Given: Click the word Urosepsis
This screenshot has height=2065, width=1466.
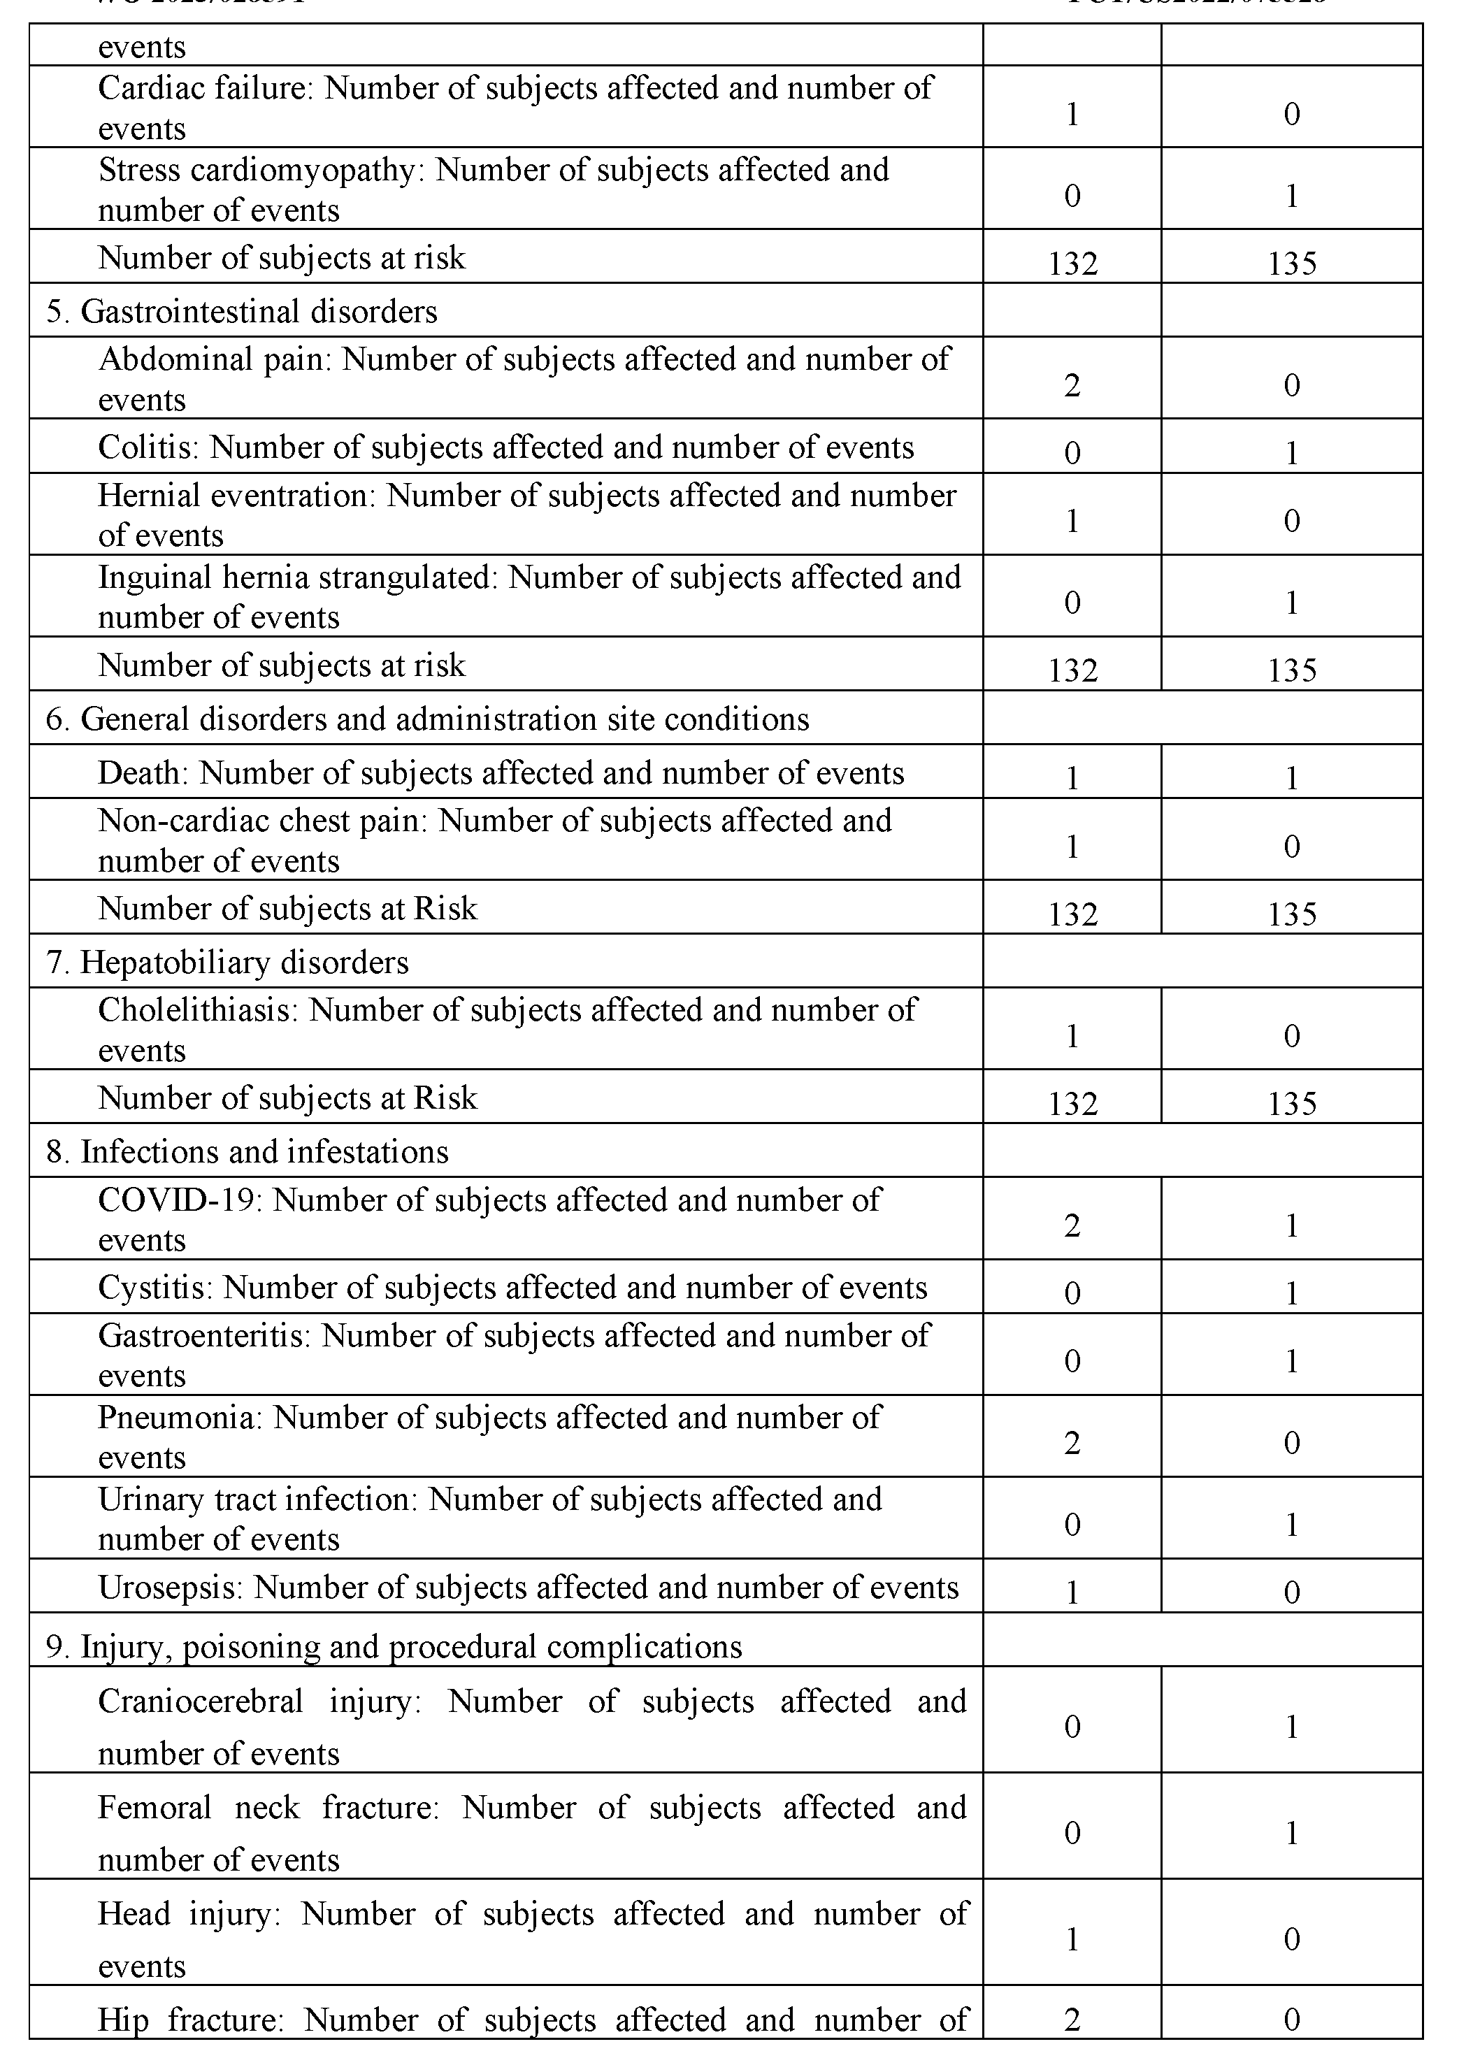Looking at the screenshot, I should coord(168,1588).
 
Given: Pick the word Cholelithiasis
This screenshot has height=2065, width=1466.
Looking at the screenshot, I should coord(196,1010).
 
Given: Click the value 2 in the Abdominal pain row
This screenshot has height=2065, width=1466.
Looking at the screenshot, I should coord(1072,385).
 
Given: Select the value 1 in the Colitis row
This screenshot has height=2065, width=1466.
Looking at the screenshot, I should coord(1292,452).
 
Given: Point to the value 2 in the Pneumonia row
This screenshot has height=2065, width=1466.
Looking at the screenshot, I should coord(1072,1442).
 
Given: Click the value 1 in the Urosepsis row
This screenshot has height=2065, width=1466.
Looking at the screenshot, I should coord(1072,1592).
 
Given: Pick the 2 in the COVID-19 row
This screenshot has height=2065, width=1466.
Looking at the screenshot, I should coord(1072,1225).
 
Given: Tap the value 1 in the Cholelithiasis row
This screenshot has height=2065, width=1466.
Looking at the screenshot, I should coord(1072,1035).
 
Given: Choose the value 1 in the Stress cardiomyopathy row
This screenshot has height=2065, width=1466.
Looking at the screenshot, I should coord(1292,195).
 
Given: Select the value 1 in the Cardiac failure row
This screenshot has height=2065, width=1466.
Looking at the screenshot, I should coord(1072,114).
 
